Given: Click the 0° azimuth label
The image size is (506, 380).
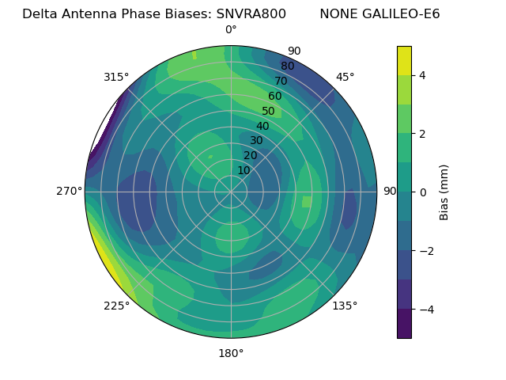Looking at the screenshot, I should point(231,30).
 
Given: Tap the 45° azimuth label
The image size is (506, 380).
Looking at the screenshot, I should point(345,77).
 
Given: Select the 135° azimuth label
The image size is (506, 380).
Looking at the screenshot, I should point(345,306).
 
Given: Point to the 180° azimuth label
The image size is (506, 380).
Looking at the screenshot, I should point(231,353).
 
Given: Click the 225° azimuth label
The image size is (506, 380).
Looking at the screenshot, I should point(116,306).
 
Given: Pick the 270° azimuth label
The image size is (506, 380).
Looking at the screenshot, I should point(70,191).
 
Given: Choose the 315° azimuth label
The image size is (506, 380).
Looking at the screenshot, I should point(116,77).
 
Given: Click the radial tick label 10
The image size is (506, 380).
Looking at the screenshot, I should point(244,170).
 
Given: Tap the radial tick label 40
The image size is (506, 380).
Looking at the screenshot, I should point(262,126).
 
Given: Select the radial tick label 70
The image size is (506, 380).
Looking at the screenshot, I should point(281,81).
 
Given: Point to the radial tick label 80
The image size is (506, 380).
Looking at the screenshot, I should point(287,66).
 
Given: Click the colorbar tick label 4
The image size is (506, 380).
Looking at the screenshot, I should point(422,75).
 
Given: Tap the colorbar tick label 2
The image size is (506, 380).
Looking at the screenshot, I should point(422,134).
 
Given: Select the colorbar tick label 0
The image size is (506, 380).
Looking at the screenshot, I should point(422,192).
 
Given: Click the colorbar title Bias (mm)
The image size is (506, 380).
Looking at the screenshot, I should point(444,192).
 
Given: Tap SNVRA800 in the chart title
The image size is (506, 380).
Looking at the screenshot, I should point(251,13).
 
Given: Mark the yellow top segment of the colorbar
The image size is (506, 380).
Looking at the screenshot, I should point(404,61).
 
